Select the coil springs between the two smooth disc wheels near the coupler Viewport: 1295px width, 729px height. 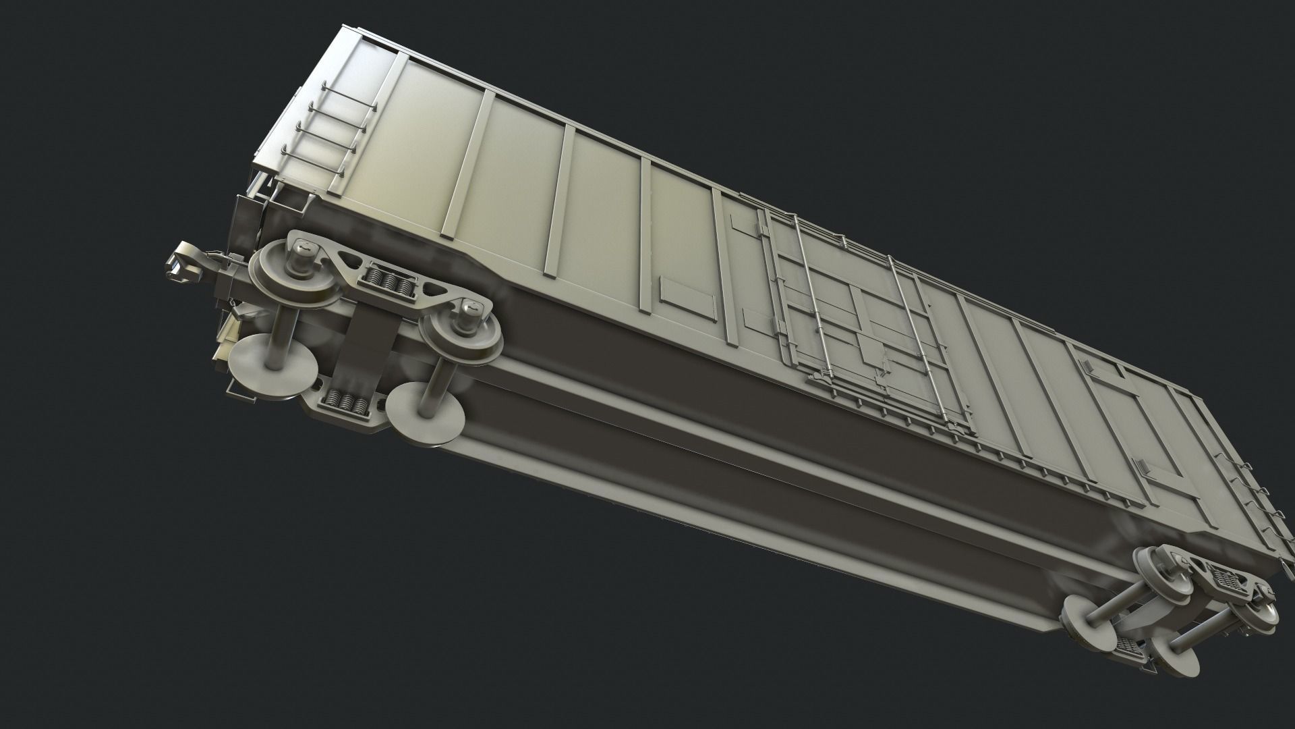coord(345,403)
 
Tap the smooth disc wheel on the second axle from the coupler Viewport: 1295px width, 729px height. coord(425,413)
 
